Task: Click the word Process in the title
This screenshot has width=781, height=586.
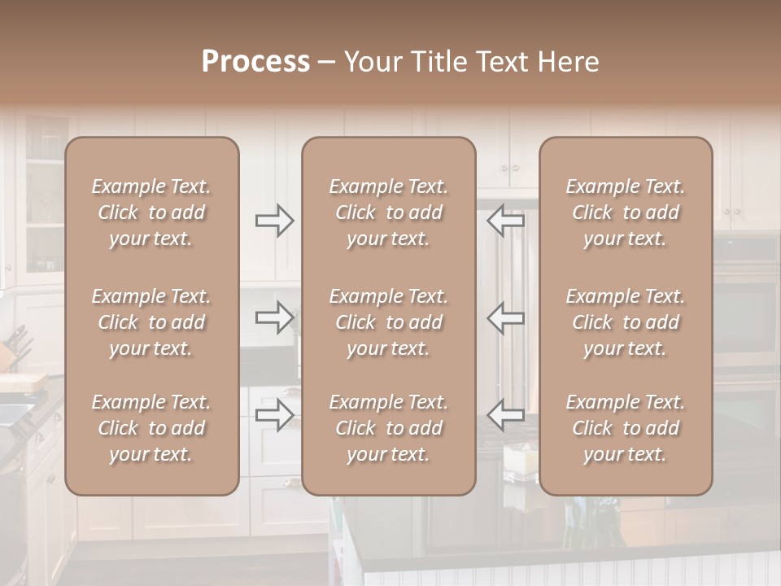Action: point(255,62)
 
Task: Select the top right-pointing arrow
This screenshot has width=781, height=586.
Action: point(274,220)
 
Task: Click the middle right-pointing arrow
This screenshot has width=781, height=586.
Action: point(274,317)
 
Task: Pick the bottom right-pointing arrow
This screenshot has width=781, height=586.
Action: point(274,415)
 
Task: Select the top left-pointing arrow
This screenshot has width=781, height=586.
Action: point(506,220)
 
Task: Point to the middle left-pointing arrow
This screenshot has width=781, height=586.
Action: point(506,317)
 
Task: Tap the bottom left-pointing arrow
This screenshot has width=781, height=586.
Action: point(506,415)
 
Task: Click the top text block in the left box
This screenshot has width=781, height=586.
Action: point(151,212)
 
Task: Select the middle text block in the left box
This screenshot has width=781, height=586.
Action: point(151,322)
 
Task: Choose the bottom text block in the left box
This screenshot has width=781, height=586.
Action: point(151,428)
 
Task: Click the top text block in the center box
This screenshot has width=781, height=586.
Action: point(388,212)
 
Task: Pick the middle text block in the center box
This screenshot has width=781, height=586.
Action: point(388,322)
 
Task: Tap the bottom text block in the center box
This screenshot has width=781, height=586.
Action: point(388,428)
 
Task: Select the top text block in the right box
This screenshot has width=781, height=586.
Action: point(625,212)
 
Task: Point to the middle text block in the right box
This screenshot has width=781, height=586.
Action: point(625,322)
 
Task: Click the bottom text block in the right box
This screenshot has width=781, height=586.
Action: point(625,428)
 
